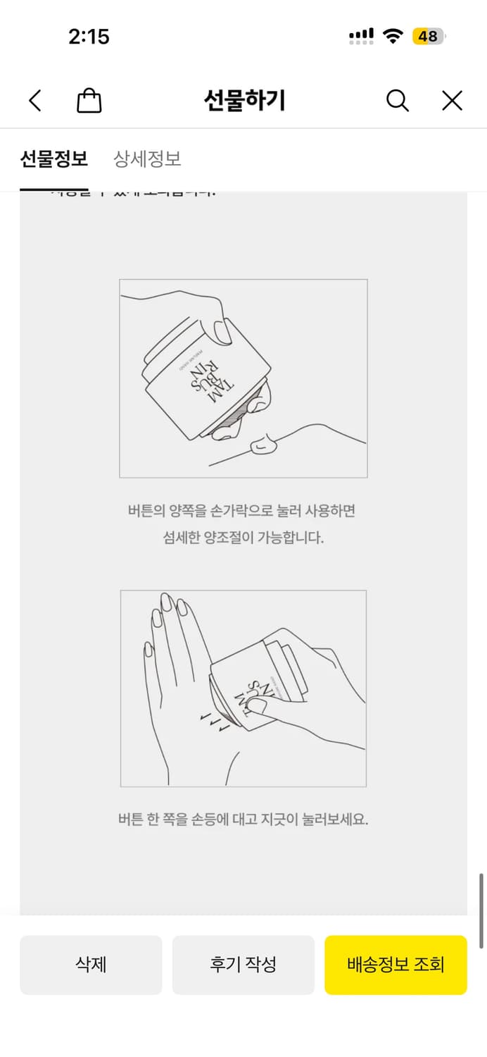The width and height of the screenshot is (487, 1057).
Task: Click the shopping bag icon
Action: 89,101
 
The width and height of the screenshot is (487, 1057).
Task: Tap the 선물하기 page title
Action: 244,101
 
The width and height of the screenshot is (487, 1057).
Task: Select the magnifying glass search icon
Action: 398,101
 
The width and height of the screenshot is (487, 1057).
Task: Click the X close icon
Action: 452,101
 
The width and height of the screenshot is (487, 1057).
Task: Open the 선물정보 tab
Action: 53,159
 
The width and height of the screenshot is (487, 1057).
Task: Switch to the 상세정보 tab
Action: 147,159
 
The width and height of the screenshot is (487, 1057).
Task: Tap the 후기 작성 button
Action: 243,965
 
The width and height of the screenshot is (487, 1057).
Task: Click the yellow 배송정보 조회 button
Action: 396,965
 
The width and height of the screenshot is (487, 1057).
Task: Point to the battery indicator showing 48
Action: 429,36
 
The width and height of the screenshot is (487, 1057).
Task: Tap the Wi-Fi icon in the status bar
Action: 392,36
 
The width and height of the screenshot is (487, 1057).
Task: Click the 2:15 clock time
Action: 89,37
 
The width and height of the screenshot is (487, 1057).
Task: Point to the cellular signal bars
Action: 361,36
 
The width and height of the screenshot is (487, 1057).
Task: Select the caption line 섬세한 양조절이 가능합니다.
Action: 243,538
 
